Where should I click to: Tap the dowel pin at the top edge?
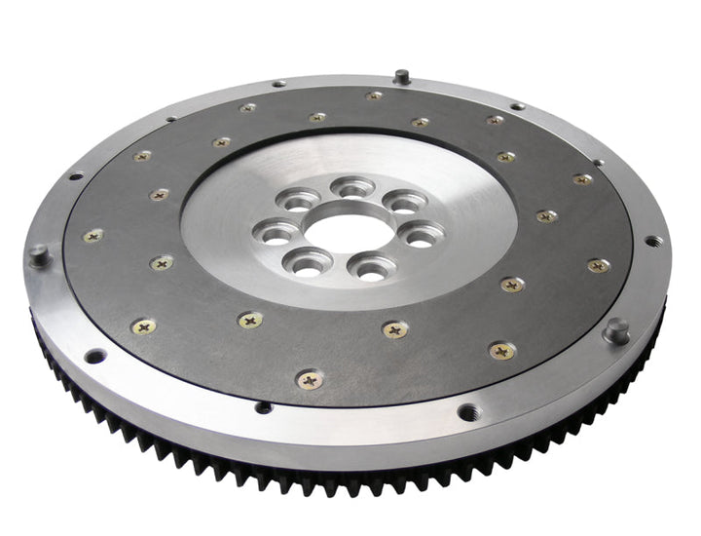coord(400,75)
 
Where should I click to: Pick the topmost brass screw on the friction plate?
coord(374,96)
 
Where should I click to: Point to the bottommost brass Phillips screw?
coord(310,380)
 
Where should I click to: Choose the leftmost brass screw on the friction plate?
coord(93,236)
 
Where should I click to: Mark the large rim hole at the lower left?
coord(94,357)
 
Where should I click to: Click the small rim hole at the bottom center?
coord(261,406)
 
